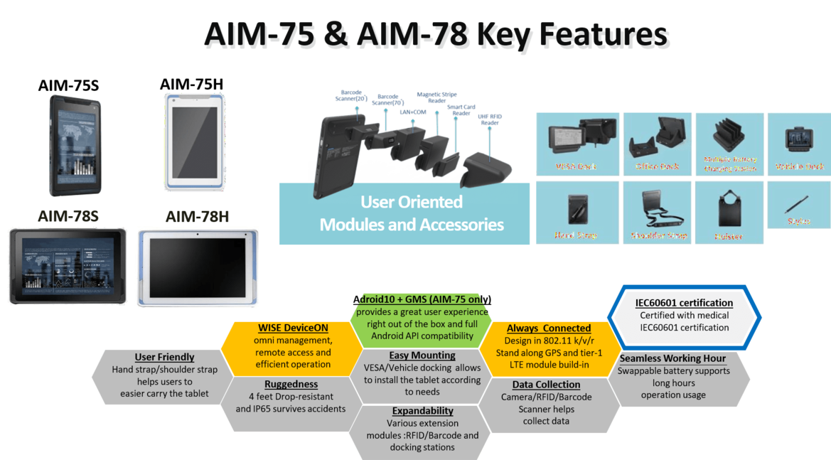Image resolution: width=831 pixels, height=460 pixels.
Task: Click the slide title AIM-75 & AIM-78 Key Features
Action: [x=436, y=36]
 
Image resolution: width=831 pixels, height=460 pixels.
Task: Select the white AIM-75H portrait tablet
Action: [x=194, y=142]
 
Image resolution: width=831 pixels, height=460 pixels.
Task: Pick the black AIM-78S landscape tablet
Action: [x=68, y=264]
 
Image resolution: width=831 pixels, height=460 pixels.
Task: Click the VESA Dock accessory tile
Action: [x=576, y=142]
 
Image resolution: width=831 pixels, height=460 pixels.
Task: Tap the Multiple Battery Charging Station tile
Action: [x=730, y=142]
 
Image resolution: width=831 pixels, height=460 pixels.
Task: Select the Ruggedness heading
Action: [x=290, y=384]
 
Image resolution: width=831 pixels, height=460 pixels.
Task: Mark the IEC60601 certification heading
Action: [x=684, y=303]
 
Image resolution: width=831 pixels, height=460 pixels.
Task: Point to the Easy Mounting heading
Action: [x=422, y=355]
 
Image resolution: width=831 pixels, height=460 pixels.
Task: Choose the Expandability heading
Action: [x=422, y=410]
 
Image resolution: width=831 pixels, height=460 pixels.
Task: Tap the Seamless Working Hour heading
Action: [x=673, y=358]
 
